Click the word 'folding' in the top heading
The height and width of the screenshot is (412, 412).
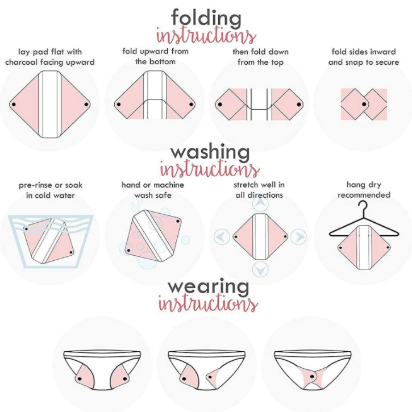[x=206, y=18]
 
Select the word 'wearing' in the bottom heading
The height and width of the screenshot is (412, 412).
[x=209, y=286]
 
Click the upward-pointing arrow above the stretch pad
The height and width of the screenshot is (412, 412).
[x=260, y=203]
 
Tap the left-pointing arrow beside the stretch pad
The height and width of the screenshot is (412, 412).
[x=222, y=237]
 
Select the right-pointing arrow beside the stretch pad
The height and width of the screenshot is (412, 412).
[x=298, y=237]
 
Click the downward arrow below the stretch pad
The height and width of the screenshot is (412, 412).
[x=260, y=270]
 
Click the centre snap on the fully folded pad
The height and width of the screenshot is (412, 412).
[x=364, y=105]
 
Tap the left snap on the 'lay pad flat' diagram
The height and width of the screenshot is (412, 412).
[x=14, y=105]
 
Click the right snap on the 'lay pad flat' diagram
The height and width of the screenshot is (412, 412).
[x=86, y=105]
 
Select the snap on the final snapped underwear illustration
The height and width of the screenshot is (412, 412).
[x=312, y=377]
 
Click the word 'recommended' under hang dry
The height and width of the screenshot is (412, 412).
[x=364, y=195]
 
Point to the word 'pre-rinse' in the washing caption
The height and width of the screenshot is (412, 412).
[x=34, y=185]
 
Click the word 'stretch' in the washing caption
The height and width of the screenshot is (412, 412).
[x=246, y=185]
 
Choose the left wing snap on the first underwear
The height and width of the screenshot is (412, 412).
[x=79, y=378]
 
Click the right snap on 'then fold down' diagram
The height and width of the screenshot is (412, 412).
[x=299, y=105]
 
